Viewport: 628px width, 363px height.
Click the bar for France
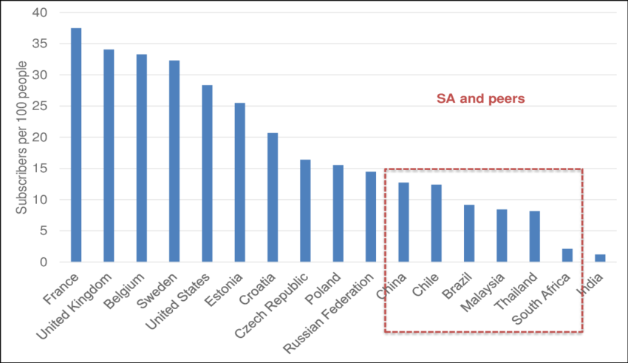click(x=76, y=144)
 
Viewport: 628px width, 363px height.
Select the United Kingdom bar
click(x=109, y=155)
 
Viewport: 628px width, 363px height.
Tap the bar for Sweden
click(x=174, y=160)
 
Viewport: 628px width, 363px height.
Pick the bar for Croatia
click(x=273, y=197)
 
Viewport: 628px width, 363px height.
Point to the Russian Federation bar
click(x=371, y=216)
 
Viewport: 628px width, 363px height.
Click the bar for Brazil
click(x=469, y=232)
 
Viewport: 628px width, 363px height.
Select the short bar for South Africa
click(x=567, y=254)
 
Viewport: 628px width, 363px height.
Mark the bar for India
click(x=600, y=257)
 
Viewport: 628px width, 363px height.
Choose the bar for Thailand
click(x=535, y=236)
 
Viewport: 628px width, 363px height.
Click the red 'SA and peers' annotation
click(x=481, y=99)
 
